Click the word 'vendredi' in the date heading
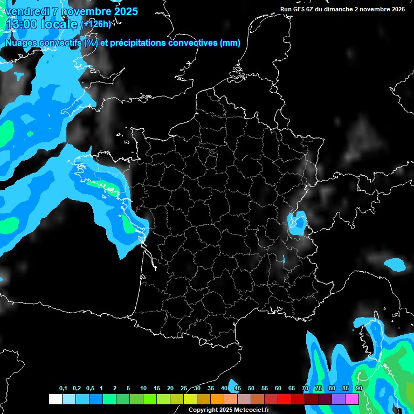(x=25, y=11)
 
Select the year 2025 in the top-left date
(x=125, y=11)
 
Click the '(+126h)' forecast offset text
(x=96, y=24)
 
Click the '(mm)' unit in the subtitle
(x=230, y=43)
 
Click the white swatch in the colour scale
(x=55, y=399)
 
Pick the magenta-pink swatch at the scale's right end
(x=352, y=399)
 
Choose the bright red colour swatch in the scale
(x=285, y=399)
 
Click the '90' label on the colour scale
(x=358, y=389)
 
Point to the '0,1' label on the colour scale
(x=63, y=389)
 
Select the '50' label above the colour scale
(x=251, y=389)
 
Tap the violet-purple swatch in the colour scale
(x=339, y=399)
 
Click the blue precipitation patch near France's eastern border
(x=296, y=223)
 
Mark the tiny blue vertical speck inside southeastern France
(x=284, y=259)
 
